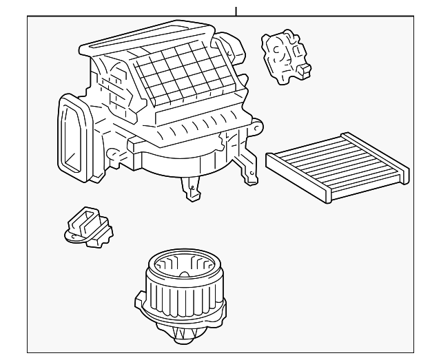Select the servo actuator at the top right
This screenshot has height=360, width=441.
click(x=285, y=58)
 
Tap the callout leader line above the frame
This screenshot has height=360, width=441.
click(x=236, y=10)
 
